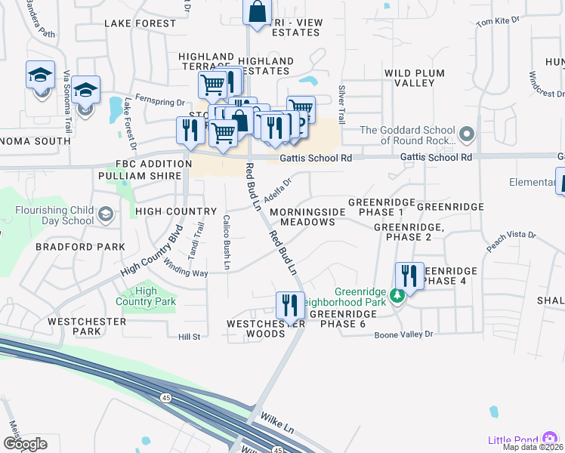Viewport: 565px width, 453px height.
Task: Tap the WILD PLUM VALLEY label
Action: pos(419,78)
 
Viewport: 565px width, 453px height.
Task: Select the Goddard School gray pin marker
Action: pos(467,135)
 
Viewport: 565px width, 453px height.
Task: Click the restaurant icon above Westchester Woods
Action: pos(290,305)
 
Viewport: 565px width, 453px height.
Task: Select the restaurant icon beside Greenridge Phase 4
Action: pos(409,276)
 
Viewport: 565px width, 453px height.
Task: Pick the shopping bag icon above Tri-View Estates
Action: pos(257,11)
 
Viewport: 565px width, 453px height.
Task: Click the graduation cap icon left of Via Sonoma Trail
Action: pos(40,75)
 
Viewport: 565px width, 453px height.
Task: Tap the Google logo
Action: pos(25,443)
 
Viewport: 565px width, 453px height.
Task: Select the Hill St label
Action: pos(189,337)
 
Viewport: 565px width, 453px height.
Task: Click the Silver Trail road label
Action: pos(341,104)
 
